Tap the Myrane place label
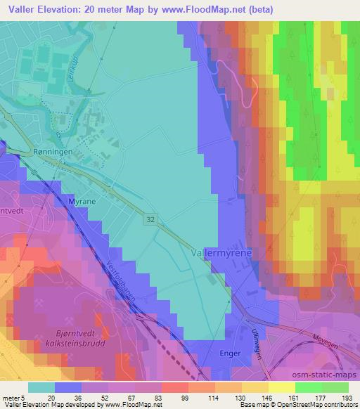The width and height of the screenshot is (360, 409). click(x=82, y=202)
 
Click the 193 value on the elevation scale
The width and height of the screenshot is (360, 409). click(x=347, y=396)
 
